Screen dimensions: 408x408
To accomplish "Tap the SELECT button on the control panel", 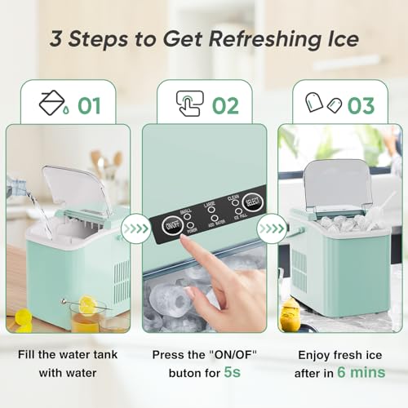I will tap(251, 201).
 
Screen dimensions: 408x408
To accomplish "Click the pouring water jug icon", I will tap(53, 103).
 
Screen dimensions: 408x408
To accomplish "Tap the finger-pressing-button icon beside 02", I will tap(189, 104).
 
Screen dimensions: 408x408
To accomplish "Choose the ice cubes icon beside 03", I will tap(322, 104).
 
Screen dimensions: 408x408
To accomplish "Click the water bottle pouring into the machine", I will tap(16, 187).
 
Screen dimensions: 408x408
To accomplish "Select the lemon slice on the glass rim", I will tap(86, 305).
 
